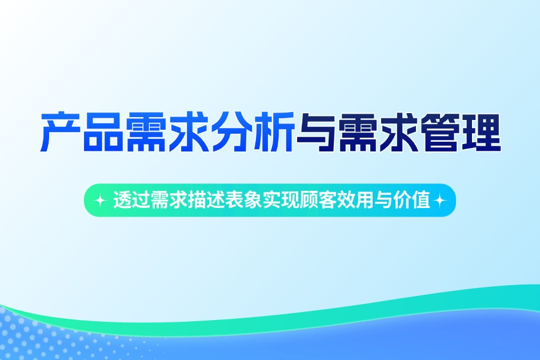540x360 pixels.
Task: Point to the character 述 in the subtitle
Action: [x=209, y=201]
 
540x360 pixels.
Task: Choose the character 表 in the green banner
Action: [x=227, y=201]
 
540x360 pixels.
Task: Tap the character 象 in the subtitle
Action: [x=245, y=201]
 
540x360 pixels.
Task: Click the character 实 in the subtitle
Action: [x=262, y=201]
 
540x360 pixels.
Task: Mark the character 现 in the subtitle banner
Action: [x=280, y=201]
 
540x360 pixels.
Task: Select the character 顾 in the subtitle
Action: [x=298, y=201]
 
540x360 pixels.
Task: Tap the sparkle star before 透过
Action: [x=101, y=201]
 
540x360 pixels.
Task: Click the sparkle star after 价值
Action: [x=440, y=201]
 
